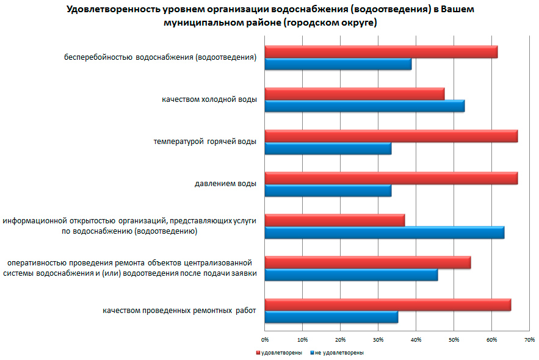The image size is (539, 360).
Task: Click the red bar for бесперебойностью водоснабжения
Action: [x=381, y=52]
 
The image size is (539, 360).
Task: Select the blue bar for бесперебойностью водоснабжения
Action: [x=338, y=64]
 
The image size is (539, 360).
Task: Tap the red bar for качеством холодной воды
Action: [x=355, y=94]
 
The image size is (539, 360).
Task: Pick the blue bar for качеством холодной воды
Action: [x=364, y=106]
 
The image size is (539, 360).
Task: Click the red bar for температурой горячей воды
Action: [x=391, y=136]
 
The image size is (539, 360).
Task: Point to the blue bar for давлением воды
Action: [x=328, y=190]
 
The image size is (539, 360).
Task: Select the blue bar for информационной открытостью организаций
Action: [x=385, y=232]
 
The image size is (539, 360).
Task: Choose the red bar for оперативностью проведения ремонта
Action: [x=367, y=262]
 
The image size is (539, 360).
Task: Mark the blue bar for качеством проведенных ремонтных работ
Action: [x=331, y=317]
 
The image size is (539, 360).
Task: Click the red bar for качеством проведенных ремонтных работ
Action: [x=388, y=304]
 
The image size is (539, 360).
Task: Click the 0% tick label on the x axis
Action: [x=265, y=339]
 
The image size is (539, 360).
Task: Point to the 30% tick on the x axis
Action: [x=378, y=339]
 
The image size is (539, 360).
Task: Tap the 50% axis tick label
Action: [x=454, y=339]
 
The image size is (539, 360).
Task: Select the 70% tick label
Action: [x=529, y=339]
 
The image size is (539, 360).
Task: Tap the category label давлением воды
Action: [x=225, y=183]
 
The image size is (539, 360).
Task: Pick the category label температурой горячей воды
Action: [x=204, y=141]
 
